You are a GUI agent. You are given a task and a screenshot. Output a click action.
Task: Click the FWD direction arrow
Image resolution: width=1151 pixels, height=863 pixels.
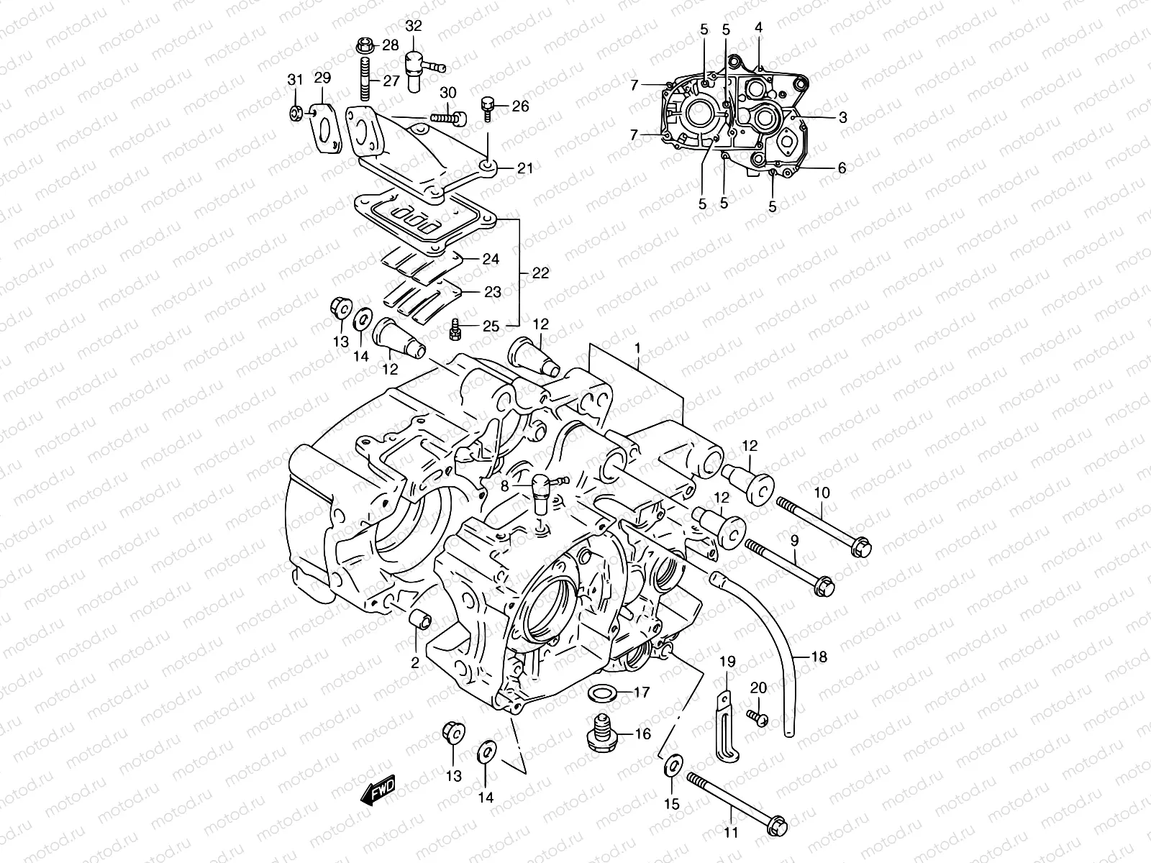pyautogui.click(x=379, y=792)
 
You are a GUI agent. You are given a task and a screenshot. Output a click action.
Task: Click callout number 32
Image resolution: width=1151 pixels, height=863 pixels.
pyautogui.click(x=414, y=26)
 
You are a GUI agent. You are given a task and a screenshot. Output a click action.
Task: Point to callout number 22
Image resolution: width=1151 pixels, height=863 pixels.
pyautogui.click(x=540, y=273)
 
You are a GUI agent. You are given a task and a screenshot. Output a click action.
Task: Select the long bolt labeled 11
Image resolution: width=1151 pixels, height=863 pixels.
pyautogui.click(x=734, y=799)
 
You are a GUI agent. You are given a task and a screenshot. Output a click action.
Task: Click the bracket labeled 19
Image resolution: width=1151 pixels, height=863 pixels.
pyautogui.click(x=727, y=726)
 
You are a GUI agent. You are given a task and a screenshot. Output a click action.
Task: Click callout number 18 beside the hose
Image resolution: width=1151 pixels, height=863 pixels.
pyautogui.click(x=819, y=657)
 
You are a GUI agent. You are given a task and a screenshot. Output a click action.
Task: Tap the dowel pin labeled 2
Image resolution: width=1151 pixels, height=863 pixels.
pyautogui.click(x=419, y=621)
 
